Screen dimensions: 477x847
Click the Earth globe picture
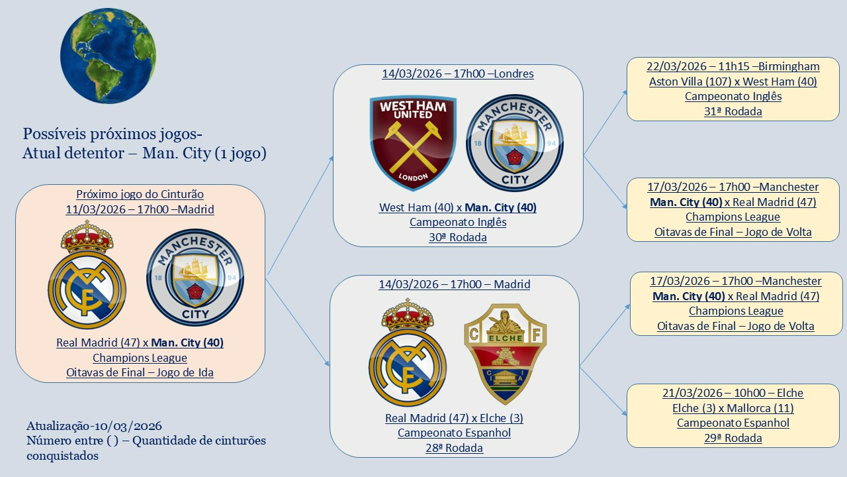pos(103,56)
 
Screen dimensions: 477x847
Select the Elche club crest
pos(504,353)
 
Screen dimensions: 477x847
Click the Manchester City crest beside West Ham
pos(514,143)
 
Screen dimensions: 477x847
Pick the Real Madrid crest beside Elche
pos(408,353)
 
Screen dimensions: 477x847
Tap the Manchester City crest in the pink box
pos(195,278)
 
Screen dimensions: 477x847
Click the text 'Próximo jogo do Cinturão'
pos(140,194)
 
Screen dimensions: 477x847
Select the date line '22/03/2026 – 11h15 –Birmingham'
pos(733,66)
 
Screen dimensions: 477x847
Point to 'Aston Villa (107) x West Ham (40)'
pos(733,81)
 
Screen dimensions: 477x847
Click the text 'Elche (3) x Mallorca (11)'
pos(733,408)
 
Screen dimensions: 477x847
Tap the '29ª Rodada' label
pos(733,438)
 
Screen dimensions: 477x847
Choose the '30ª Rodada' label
pos(457,237)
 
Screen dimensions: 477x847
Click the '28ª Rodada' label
pos(454,448)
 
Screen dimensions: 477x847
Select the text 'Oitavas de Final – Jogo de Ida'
pos(140,372)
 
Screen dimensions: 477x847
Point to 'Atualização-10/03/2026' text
pos(94,426)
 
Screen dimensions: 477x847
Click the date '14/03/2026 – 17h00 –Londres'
pos(457,74)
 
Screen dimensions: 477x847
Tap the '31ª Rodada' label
pos(733,111)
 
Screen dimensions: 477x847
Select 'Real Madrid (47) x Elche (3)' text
pos(454,418)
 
